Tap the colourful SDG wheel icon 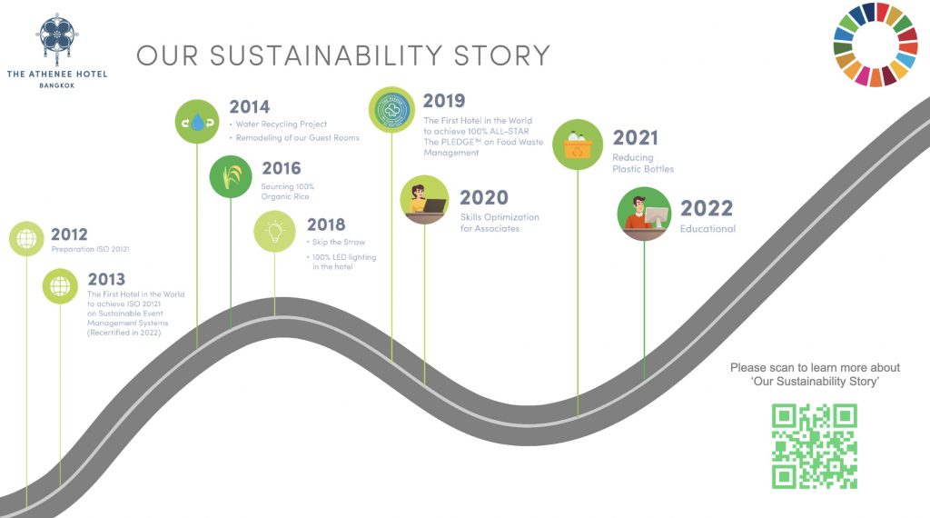(x=876, y=45)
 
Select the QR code (x=815, y=446)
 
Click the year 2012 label (x=69, y=234)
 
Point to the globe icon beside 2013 (x=60, y=286)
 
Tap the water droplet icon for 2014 (x=197, y=122)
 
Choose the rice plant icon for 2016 (x=231, y=176)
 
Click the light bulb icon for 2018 (x=274, y=232)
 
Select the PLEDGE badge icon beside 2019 (x=391, y=109)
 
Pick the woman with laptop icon (x=424, y=199)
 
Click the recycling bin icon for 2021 (x=578, y=144)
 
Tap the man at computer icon (x=644, y=214)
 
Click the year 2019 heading (x=444, y=101)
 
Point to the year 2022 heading (x=707, y=208)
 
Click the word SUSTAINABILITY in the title (x=326, y=55)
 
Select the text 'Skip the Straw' (x=339, y=242)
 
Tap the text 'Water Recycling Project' (x=282, y=124)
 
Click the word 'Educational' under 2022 (x=707, y=229)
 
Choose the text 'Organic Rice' (x=285, y=196)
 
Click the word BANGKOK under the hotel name (x=57, y=85)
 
